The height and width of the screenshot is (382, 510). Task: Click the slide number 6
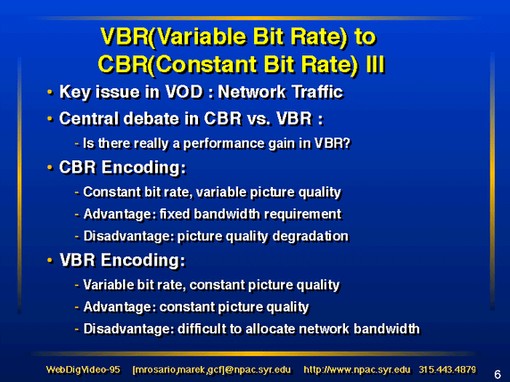coord(498,375)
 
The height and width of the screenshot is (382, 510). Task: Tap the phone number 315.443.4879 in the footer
coord(448,370)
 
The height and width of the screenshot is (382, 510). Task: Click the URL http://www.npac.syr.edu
coord(357,370)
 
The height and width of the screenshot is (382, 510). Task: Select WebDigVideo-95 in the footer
coord(83,370)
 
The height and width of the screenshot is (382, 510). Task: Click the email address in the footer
coord(211,370)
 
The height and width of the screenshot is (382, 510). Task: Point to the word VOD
coord(184,92)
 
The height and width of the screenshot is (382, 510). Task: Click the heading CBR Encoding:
coord(122,167)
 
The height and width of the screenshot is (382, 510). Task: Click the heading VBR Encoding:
coord(122,260)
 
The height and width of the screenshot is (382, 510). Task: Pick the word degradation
coord(310,236)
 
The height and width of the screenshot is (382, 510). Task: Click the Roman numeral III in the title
coord(375,64)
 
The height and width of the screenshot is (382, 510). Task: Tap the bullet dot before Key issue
coord(50,92)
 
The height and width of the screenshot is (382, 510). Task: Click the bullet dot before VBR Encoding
coord(50,260)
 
